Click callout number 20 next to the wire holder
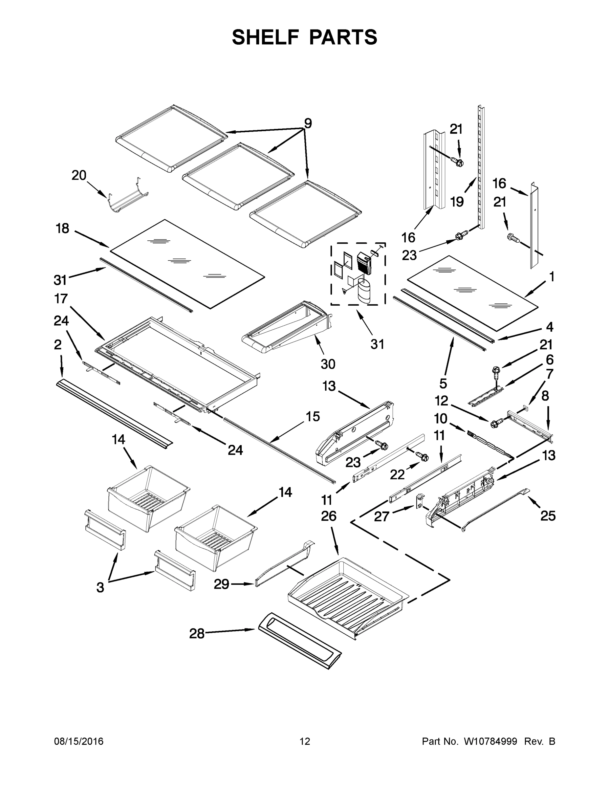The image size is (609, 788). pos(79,176)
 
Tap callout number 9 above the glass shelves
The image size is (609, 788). pos(307,124)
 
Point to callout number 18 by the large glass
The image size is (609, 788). pos(62,229)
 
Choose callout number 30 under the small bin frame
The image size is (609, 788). pos(328,364)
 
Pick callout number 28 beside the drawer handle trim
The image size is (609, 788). pos(197,634)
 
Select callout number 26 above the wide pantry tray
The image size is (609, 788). pos(328,516)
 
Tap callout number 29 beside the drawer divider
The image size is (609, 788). pos(221,584)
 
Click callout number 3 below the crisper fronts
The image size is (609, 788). pos(100,588)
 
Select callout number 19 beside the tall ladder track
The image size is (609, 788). pos(457,202)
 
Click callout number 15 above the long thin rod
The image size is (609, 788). pos(313,416)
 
